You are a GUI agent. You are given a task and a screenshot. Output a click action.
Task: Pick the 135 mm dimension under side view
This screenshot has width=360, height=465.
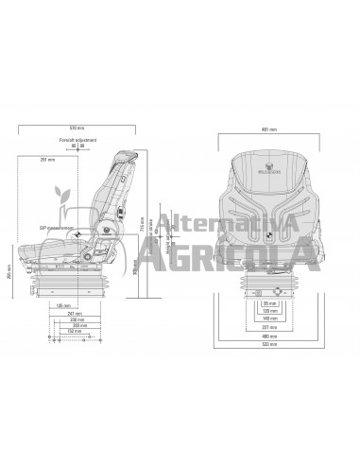tap(64, 305)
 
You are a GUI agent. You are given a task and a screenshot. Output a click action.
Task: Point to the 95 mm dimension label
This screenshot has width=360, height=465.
tap(268, 304)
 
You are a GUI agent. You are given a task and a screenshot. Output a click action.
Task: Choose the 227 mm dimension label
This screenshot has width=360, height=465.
tap(268, 326)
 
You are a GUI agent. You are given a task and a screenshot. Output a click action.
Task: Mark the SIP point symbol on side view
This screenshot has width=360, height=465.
tap(81, 235)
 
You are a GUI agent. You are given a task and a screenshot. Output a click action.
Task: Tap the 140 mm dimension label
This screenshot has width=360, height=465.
tap(268, 319)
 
